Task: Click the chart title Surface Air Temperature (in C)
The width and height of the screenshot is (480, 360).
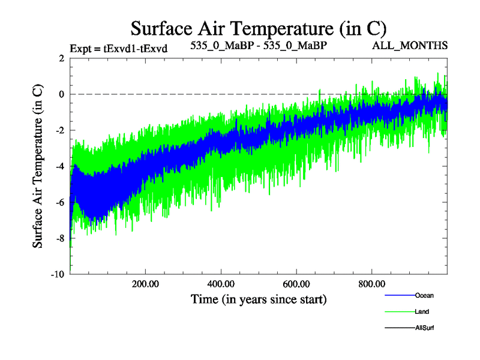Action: click(x=259, y=28)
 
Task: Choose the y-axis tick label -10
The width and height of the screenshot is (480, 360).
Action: click(x=58, y=274)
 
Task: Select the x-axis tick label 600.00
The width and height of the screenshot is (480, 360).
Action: click(x=296, y=284)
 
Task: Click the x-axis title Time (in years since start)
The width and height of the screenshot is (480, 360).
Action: click(x=259, y=299)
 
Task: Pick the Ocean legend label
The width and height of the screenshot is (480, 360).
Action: click(x=424, y=296)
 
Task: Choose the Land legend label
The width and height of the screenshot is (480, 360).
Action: click(x=422, y=312)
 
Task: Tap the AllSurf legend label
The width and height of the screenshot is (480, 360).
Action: click(x=424, y=328)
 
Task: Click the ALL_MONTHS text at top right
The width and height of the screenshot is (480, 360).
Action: click(x=410, y=46)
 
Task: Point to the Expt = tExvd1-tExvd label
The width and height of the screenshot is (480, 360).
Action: click(x=118, y=49)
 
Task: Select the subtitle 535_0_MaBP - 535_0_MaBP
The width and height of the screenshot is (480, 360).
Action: click(x=258, y=46)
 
